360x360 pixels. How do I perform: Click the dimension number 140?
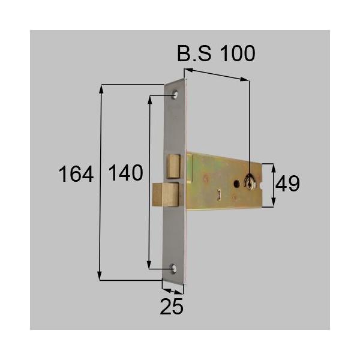[125, 174]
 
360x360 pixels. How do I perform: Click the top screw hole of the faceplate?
[175, 95]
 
